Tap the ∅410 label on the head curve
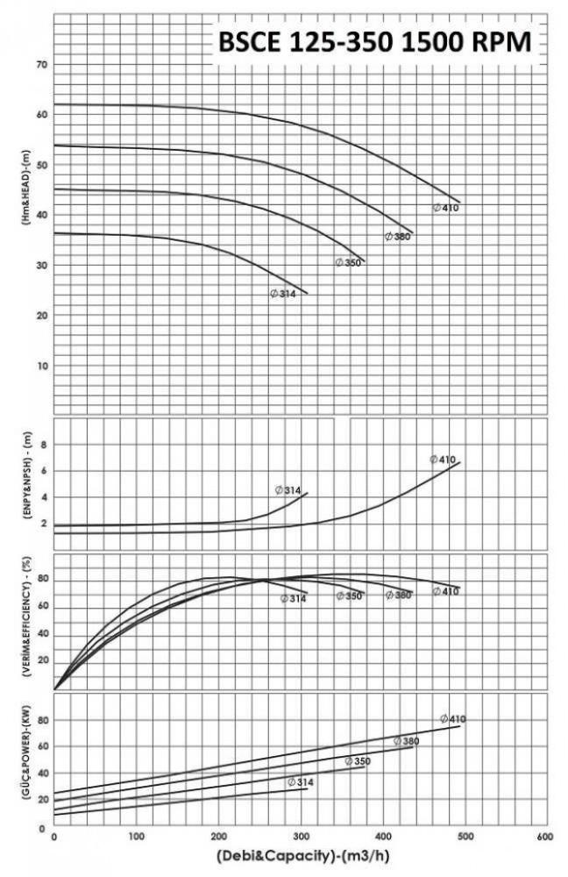[445, 208]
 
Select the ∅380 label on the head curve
[398, 237]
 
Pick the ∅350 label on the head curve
[348, 262]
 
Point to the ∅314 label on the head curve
[283, 293]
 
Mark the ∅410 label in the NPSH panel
[443, 460]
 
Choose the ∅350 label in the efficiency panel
[349, 596]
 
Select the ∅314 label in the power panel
[300, 781]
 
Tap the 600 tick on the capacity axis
[543, 837]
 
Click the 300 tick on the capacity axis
[298, 837]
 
